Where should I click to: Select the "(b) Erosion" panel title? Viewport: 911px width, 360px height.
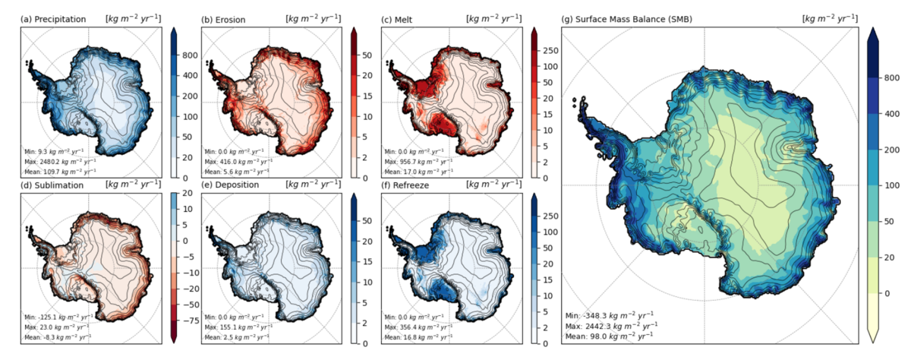click(x=229, y=18)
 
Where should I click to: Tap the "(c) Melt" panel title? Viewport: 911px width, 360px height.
click(x=402, y=18)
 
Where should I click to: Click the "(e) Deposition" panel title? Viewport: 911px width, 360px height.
click(x=232, y=184)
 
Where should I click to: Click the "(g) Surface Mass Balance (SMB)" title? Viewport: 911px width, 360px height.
click(x=635, y=18)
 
